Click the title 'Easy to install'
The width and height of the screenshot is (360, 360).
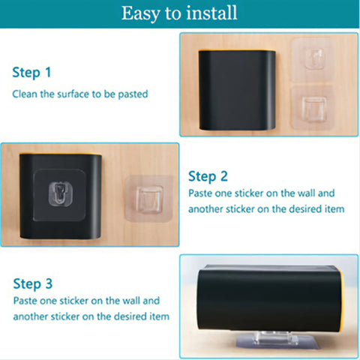(179, 13)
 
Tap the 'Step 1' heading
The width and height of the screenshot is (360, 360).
(31, 73)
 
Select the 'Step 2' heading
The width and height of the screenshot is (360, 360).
(208, 176)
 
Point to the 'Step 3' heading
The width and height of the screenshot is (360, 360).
(33, 284)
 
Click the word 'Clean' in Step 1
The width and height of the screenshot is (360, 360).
(25, 94)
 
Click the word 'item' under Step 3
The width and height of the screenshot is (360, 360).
(160, 316)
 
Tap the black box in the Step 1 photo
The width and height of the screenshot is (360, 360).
(237, 90)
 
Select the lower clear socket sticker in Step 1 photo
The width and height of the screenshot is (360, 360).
(313, 107)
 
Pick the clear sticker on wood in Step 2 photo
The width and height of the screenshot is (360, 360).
(149, 199)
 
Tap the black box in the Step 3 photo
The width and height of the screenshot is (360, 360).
(269, 299)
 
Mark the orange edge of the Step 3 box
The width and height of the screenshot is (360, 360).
(342, 300)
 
